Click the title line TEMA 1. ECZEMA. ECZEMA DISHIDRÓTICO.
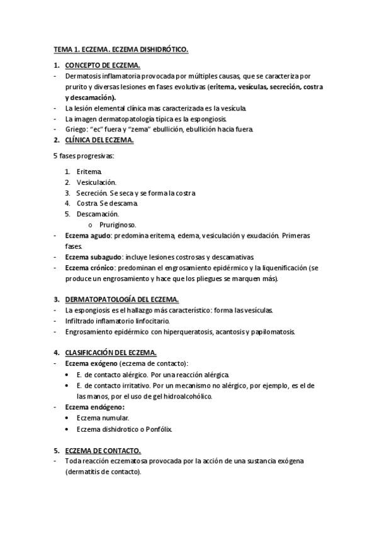coord(121,48)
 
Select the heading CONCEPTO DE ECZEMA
coord(103,65)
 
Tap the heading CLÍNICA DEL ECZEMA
coord(99,140)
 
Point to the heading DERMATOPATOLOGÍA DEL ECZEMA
coord(122,299)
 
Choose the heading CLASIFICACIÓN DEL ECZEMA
coord(111,353)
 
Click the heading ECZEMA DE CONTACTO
coord(103,451)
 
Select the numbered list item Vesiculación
coord(96,182)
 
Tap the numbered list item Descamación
coord(98,214)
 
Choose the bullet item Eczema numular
coord(103,417)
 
